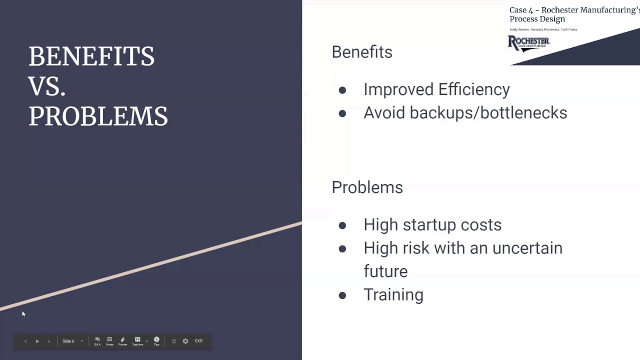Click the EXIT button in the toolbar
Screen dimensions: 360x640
(x=198, y=341)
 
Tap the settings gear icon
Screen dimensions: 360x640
(x=185, y=341)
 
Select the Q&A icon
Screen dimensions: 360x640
(x=97, y=341)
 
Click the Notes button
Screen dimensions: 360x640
(x=109, y=341)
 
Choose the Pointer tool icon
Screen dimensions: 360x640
(x=122, y=341)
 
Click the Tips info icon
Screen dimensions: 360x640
(x=156, y=341)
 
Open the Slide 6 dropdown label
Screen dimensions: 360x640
(x=68, y=341)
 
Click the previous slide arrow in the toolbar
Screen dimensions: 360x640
(x=25, y=341)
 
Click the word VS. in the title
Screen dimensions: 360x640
(x=47, y=86)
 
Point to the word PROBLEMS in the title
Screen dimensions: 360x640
(x=98, y=116)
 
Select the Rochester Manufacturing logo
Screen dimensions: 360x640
(x=528, y=43)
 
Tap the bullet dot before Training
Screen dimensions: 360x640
(x=342, y=295)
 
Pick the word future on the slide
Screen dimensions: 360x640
(x=385, y=271)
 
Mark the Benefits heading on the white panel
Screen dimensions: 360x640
(x=362, y=52)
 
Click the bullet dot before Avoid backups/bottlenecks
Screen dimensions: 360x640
(x=342, y=113)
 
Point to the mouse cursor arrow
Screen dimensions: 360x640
(x=23, y=313)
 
